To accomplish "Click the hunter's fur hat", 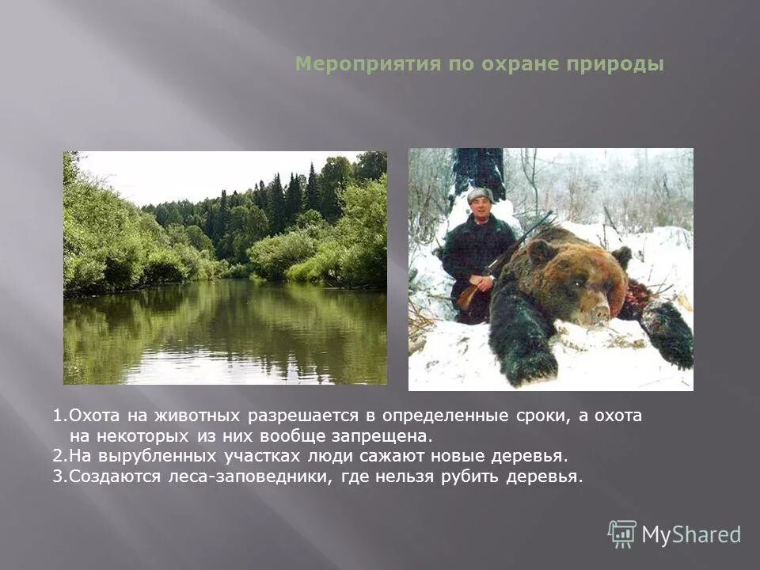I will [479, 195].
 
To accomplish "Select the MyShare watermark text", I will [691, 534].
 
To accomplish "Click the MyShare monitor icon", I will [622, 534].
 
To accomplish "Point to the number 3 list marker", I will [58, 477].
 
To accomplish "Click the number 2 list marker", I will [58, 456].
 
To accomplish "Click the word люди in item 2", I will [329, 456].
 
